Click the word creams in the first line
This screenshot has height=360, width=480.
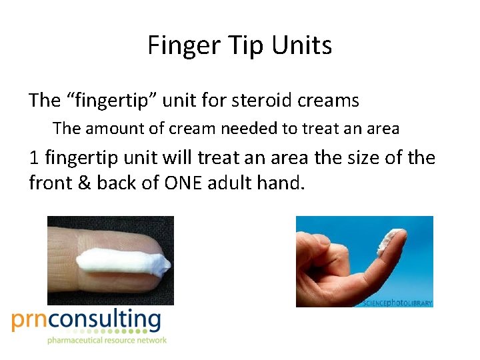[x=329, y=101]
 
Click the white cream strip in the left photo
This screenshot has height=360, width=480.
[x=120, y=263]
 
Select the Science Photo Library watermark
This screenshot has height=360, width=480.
[x=397, y=303]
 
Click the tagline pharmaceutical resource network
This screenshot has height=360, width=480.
[x=107, y=341]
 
